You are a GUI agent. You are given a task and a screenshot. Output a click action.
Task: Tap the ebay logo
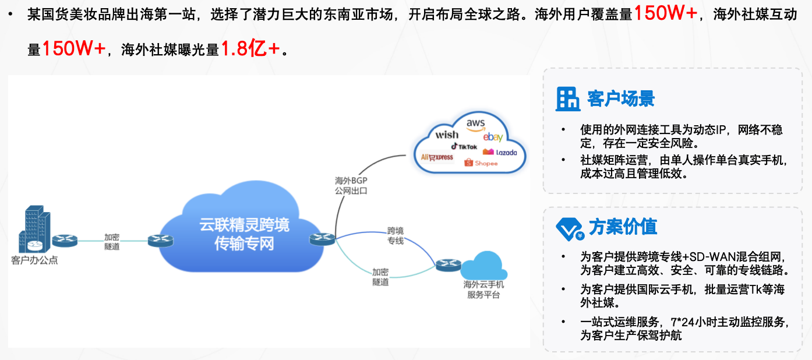coord(493,137)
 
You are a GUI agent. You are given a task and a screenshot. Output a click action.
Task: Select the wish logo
coord(447,135)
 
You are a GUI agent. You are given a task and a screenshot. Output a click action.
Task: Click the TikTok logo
coord(464,146)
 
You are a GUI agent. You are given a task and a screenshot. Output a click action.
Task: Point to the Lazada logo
coord(500,152)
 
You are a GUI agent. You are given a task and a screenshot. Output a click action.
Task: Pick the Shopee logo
coord(481,163)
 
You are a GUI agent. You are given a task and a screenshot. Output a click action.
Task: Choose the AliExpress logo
coord(437,157)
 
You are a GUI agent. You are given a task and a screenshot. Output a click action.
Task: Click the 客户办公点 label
coord(34,260)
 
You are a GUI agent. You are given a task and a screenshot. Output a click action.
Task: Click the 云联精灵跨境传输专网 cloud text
coord(245,234)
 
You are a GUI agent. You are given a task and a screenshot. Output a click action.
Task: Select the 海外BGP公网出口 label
coord(351,185)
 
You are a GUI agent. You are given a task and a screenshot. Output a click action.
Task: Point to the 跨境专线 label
coord(396,235)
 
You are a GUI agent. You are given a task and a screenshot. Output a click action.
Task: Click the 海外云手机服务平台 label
coord(483,290)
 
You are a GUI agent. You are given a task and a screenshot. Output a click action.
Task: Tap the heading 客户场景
coord(621,98)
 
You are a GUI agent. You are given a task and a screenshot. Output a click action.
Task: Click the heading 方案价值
coord(623,227)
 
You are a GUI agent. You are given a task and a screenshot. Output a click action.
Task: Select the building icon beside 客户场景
coord(568,99)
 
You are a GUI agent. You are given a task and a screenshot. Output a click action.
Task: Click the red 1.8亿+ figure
coord(250,50)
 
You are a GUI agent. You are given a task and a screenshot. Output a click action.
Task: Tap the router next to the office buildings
coord(64,240)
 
